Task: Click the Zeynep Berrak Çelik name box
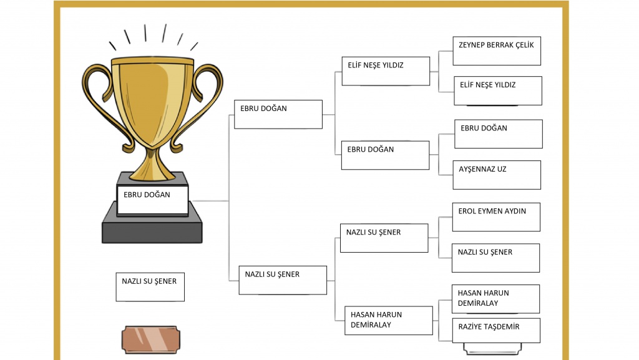(497, 51)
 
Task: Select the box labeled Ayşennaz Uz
(497, 175)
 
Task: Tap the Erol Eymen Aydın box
(496, 217)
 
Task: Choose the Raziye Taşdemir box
(496, 331)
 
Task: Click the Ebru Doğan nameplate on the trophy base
(152, 200)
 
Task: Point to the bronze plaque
(151, 339)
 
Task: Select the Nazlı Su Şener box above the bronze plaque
(150, 287)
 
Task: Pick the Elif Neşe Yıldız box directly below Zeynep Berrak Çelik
(498, 91)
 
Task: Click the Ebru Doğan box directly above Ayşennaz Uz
(499, 134)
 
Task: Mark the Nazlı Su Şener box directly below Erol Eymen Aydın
(495, 258)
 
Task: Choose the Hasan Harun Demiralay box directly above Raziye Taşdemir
(495, 299)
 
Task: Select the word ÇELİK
(524, 45)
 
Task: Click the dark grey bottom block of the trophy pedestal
(152, 228)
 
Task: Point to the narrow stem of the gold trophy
(152, 160)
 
